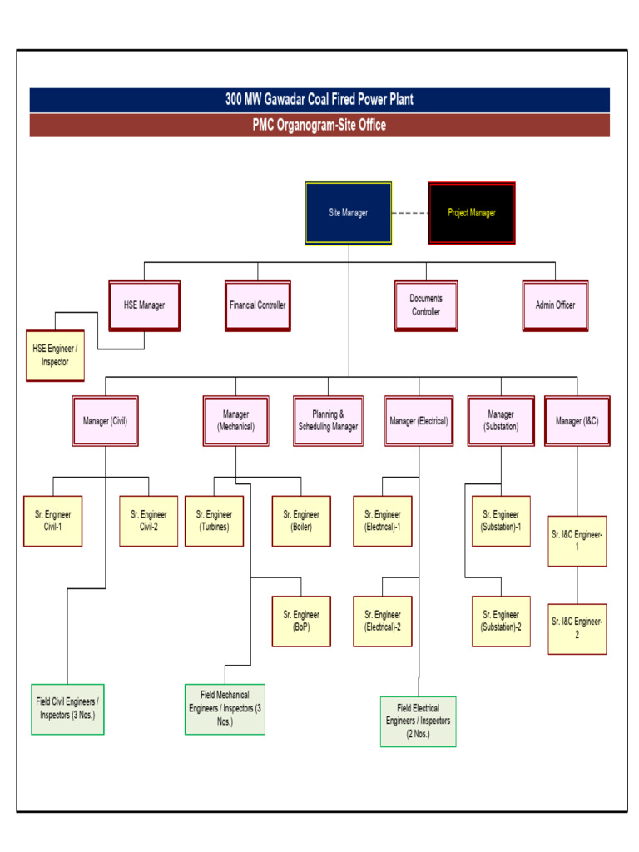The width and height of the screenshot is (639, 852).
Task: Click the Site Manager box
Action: (348, 213)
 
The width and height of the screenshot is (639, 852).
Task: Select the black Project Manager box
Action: (471, 213)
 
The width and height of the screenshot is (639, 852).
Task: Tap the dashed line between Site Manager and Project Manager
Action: (409, 213)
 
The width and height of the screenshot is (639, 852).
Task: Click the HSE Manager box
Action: (144, 305)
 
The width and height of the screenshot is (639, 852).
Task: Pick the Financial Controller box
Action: (257, 305)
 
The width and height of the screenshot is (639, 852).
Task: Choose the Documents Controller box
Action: (425, 305)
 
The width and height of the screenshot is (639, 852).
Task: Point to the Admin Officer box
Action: (555, 305)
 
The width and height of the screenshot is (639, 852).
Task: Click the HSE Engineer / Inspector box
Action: (55, 356)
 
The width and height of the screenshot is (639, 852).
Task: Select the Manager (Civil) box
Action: (105, 421)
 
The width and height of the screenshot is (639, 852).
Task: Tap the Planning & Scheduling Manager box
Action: (328, 421)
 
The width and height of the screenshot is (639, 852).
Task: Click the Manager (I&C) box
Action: (577, 421)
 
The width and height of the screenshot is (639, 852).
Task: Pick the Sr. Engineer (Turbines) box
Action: (214, 521)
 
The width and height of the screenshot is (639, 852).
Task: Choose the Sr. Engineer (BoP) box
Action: (301, 622)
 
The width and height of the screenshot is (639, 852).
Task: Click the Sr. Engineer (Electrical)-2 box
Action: (382, 622)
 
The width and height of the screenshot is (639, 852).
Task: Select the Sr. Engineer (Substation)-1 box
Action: (501, 521)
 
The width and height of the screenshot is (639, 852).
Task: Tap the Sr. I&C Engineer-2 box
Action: (577, 628)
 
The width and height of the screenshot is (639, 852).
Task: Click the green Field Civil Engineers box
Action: (67, 708)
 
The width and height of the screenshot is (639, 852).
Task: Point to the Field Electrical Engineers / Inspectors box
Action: (418, 721)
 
